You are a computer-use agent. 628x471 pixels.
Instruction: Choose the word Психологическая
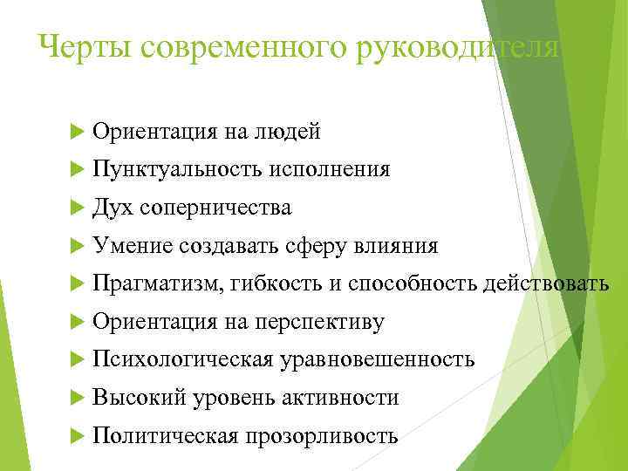pyautogui.click(x=182, y=359)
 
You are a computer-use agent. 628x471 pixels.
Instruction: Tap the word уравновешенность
pyautogui.click(x=378, y=359)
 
